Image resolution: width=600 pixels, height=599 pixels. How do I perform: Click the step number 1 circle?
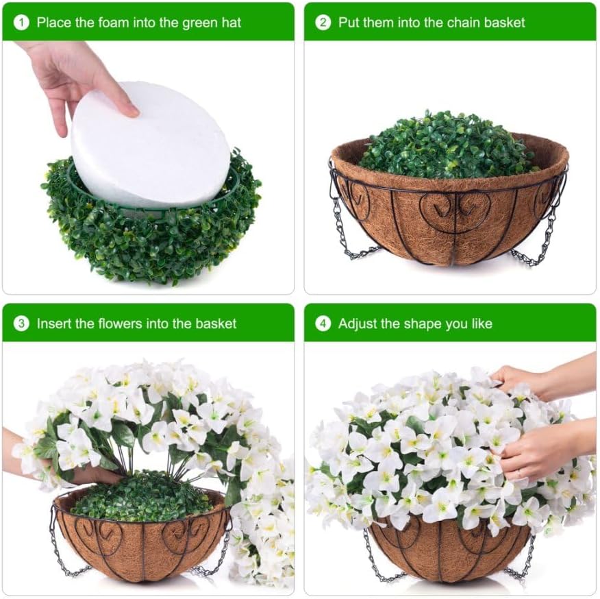click(22, 22)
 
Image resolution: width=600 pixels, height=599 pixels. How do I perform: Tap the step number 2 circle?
click(323, 22)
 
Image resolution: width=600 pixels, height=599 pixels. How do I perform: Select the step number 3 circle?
click(22, 323)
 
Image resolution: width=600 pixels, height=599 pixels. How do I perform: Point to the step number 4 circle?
click(323, 323)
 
